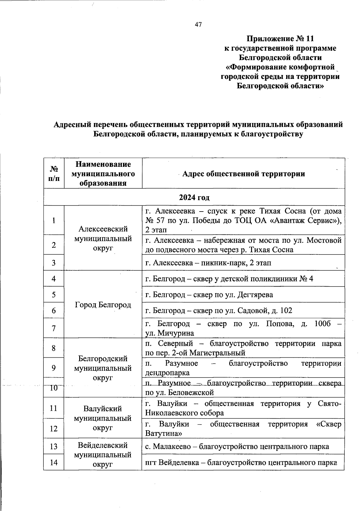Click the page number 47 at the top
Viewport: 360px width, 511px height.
(198, 25)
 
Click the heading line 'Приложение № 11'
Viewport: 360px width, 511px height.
(280, 39)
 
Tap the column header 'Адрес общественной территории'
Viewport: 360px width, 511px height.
(243, 174)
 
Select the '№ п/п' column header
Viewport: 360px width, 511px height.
(54, 174)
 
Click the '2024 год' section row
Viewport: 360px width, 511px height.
(194, 197)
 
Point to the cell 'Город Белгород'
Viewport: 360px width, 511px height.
(103, 305)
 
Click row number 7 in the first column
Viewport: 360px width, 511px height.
(54, 328)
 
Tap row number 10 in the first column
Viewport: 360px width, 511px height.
(54, 388)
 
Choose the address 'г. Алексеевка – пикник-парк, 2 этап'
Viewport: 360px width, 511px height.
(208, 263)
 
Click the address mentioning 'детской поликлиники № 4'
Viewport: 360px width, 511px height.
(229, 279)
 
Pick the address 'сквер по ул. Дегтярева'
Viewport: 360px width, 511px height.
(209, 295)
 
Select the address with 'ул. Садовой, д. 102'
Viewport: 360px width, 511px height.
(219, 311)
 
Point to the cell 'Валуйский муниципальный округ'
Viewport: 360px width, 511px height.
(103, 418)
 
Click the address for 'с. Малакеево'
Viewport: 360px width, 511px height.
(237, 446)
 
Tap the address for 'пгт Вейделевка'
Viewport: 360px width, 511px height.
(241, 462)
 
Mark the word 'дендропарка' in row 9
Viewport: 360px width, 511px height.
(167, 373)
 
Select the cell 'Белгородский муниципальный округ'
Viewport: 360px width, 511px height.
(103, 368)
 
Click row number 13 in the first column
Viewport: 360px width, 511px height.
(54, 446)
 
